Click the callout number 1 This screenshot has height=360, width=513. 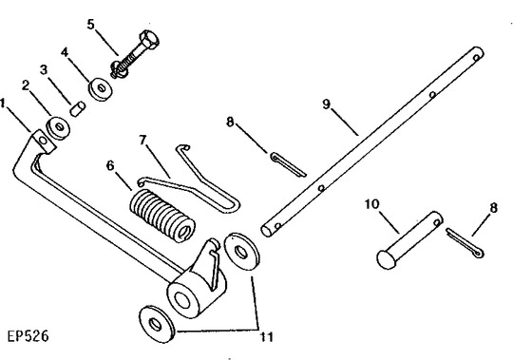(x=3, y=104)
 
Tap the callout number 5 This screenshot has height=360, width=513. (x=90, y=24)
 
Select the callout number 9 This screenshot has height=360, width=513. (x=327, y=104)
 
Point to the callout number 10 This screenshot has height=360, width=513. (x=372, y=204)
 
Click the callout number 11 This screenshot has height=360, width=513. (x=267, y=337)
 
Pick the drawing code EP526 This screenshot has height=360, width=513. (x=28, y=336)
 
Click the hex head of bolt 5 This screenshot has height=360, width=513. (x=149, y=39)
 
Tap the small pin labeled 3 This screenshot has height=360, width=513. (x=78, y=108)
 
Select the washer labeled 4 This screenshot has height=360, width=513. (x=101, y=88)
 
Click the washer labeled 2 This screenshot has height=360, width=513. (x=58, y=127)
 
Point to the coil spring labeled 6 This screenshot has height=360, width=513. (x=162, y=216)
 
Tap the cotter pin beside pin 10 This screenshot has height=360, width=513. (x=465, y=243)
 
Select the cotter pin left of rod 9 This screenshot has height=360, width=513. (x=288, y=164)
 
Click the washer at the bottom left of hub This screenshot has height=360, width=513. (x=157, y=324)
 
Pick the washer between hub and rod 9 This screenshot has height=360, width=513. (x=242, y=252)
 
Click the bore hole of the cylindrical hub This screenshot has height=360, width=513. (x=181, y=300)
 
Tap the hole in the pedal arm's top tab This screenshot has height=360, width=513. (x=43, y=141)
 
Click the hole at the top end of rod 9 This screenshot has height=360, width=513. (x=476, y=58)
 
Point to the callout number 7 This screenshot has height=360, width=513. (x=142, y=141)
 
